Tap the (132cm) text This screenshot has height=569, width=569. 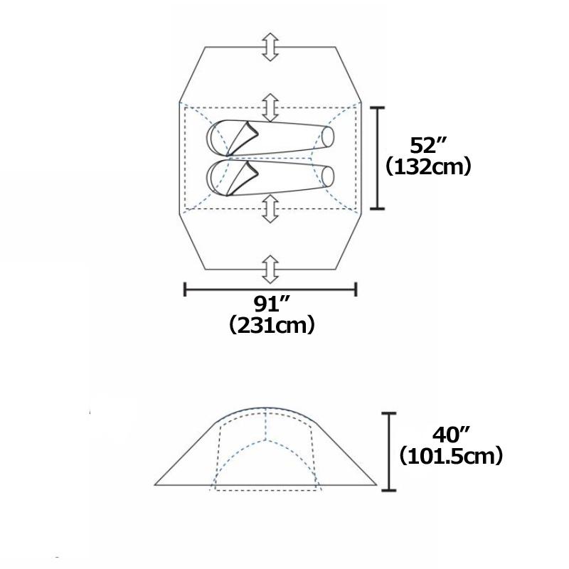(x=428, y=168)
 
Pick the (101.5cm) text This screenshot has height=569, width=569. (x=451, y=455)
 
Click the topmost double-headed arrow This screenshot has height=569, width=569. (x=270, y=46)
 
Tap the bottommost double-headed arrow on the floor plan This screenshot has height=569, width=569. (x=270, y=270)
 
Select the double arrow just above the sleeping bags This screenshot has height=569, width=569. (x=270, y=107)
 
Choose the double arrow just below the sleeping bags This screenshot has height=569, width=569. (x=270, y=209)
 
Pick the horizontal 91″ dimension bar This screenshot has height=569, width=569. (x=270, y=289)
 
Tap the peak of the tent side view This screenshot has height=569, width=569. (x=265, y=410)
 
